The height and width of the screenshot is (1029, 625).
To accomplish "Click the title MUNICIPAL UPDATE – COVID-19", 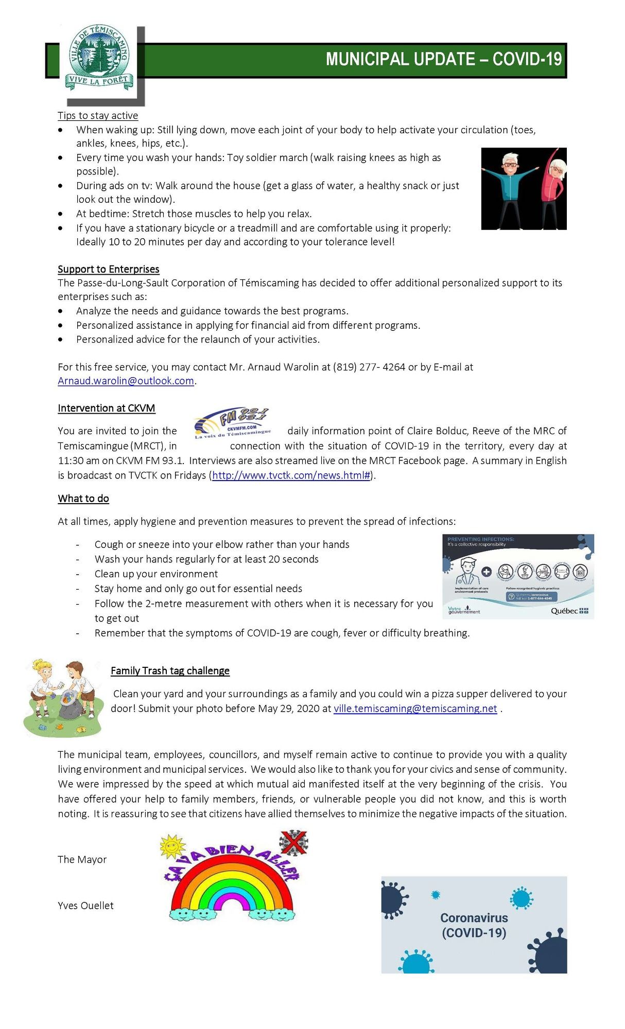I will tap(443, 60).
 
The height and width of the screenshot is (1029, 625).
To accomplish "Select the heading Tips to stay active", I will tap(98, 116).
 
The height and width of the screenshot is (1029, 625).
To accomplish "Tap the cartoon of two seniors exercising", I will tap(524, 188).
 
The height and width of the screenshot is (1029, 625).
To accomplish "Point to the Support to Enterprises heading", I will tap(108, 269).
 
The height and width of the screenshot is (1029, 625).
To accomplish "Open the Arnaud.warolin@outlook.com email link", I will tap(126, 381).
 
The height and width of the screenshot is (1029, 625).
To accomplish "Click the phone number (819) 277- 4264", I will tap(369, 367).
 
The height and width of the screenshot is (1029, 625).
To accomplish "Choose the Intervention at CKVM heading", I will tap(106, 408).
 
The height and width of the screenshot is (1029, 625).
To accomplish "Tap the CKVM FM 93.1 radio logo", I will tap(232, 423).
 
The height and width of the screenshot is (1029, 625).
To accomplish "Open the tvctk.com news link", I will tap(291, 475).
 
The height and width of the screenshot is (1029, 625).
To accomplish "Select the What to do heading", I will tap(83, 499).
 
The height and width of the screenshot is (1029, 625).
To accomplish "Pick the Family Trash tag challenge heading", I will tap(170, 670).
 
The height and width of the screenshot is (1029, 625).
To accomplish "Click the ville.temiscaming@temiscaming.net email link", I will tap(415, 708).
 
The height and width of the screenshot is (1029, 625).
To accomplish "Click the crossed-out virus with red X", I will tap(293, 843).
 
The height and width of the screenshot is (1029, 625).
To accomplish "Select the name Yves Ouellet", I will tap(85, 906).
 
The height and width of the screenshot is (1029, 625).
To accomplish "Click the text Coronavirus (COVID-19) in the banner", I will tap(474, 925).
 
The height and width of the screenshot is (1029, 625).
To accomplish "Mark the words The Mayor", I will tap(82, 859).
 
